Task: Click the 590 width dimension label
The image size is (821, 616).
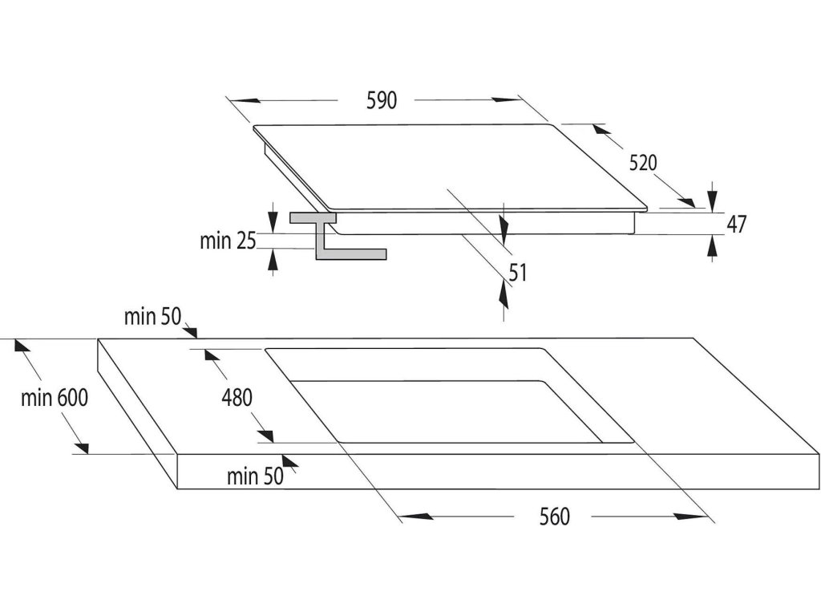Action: [382, 100]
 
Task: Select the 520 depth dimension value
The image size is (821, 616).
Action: [643, 163]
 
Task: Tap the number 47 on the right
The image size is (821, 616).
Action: [736, 224]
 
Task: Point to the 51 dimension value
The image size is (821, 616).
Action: [517, 273]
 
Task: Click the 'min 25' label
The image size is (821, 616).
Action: [227, 240]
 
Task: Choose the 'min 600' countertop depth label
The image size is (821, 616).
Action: [55, 398]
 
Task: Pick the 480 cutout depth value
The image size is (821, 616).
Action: [237, 397]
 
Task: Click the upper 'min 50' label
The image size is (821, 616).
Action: [153, 317]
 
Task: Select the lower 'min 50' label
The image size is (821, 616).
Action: [255, 477]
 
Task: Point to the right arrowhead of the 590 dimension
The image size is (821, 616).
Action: [508, 100]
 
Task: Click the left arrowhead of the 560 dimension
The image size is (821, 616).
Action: [415, 517]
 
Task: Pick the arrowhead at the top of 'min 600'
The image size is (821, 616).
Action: [22, 346]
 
